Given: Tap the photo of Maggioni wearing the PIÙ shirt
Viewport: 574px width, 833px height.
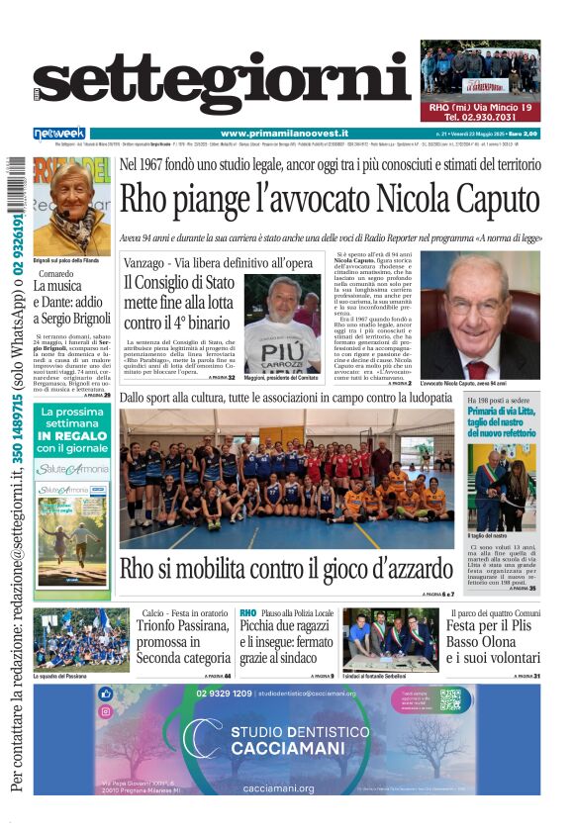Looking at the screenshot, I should coord(282,323).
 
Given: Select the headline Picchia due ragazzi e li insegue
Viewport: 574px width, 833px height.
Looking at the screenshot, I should coord(287,643).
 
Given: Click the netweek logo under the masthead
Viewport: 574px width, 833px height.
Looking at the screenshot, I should coord(59,134).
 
